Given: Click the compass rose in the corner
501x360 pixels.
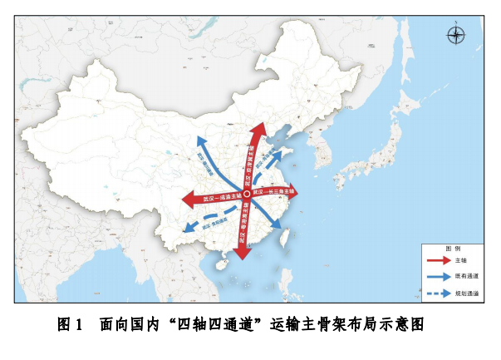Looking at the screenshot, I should coord(456,35).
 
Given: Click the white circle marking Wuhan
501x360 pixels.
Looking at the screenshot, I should coord(246,194).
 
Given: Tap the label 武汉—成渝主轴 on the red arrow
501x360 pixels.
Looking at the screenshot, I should coord(219,198).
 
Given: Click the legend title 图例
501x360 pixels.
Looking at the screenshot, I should coord(453,249).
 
